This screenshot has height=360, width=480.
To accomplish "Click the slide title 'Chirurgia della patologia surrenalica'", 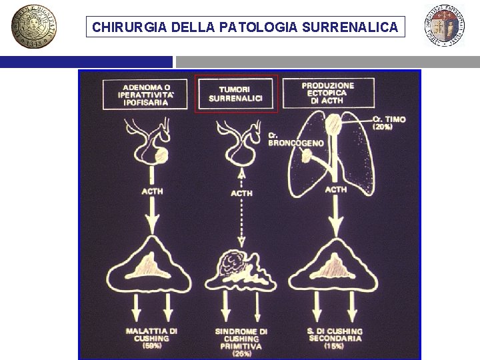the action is [x=245, y=28].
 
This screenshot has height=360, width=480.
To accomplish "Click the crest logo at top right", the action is [x=445, y=27].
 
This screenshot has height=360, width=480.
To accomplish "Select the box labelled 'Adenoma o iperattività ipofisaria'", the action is [x=147, y=95].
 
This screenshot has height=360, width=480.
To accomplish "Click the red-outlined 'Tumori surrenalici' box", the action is [x=235, y=93].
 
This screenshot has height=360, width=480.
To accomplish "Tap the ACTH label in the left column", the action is [x=152, y=191].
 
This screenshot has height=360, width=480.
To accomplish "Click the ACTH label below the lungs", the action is [x=335, y=190].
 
